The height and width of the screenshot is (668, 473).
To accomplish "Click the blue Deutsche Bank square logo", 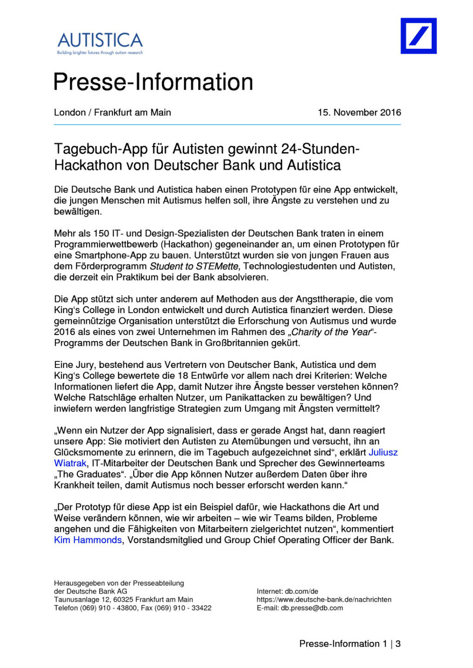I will [x=418, y=36].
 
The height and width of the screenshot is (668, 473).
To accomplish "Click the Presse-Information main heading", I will [x=153, y=82].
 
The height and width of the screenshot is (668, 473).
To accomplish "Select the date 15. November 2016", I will [x=359, y=112].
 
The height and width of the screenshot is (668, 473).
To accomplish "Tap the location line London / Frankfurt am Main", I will [x=112, y=112].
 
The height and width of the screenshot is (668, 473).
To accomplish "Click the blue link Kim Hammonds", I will [x=88, y=540].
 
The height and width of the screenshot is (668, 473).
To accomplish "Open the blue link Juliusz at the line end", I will [x=383, y=452].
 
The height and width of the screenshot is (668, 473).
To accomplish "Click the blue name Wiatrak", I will [x=70, y=463].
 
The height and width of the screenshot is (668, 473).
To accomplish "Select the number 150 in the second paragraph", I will [x=101, y=233].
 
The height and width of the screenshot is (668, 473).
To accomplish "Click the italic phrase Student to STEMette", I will [x=194, y=266].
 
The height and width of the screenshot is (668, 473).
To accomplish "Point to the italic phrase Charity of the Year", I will [x=331, y=332].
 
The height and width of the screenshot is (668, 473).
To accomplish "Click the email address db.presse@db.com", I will [x=311, y=608].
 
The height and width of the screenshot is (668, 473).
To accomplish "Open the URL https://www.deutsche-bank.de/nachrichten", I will [x=324, y=599].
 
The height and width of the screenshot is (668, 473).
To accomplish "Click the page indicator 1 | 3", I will [x=391, y=644].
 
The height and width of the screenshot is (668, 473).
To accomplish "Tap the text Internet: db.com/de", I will [x=287, y=591].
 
